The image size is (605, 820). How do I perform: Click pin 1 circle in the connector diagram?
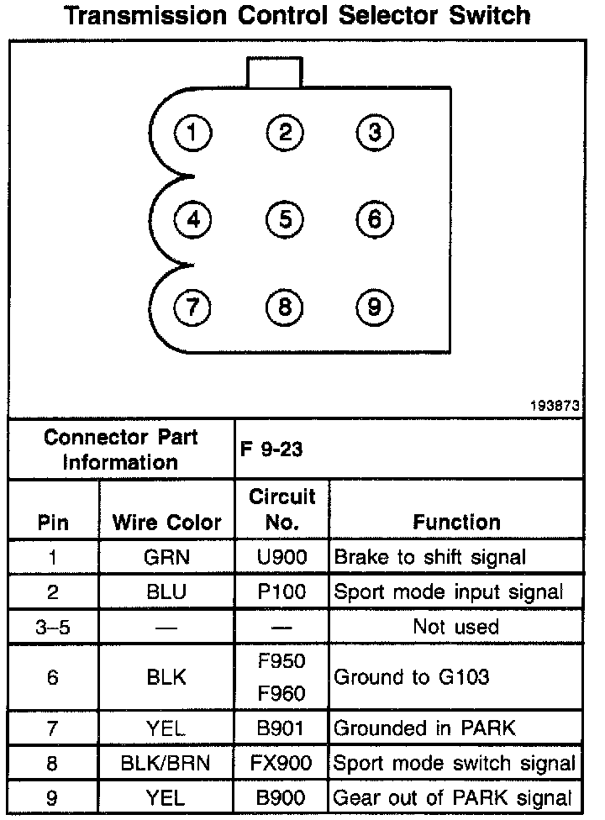193,132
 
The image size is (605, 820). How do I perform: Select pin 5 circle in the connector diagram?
285,219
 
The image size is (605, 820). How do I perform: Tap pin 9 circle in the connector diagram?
374,307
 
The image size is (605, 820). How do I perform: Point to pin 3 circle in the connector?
374,132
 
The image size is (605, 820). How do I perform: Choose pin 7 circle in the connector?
193,307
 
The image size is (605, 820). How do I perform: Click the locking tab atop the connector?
274,72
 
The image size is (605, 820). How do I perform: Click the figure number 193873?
555,404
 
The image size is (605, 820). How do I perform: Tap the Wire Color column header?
167,522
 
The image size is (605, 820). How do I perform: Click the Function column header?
456,522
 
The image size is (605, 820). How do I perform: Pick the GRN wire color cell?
167,556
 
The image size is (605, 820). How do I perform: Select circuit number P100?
282,591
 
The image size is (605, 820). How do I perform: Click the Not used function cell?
456,626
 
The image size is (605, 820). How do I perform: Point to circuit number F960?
282,694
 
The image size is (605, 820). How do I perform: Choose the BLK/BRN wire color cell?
167,763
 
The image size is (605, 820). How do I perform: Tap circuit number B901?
282,728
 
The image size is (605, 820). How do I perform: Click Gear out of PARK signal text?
454,797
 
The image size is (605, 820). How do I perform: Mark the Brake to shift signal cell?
430,556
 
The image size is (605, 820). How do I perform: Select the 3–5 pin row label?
54,626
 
